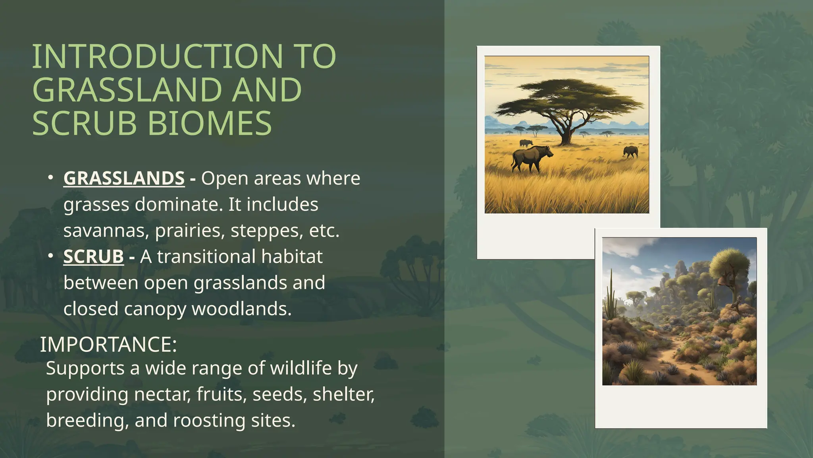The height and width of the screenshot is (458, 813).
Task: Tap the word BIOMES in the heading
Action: point(210,123)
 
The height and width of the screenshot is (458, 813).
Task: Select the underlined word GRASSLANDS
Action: point(124,178)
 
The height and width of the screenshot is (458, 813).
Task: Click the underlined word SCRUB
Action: point(94,256)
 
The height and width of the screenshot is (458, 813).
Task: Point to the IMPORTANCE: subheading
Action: point(108,344)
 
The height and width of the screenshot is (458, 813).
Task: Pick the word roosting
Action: point(209,420)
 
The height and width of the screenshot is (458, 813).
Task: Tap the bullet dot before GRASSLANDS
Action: point(50,178)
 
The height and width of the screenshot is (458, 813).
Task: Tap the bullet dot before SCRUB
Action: point(50,256)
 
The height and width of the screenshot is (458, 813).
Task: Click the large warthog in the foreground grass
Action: point(531,157)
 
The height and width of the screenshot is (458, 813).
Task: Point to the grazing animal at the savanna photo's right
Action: point(630,151)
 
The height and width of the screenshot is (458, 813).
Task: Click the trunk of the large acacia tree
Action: point(566,133)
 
